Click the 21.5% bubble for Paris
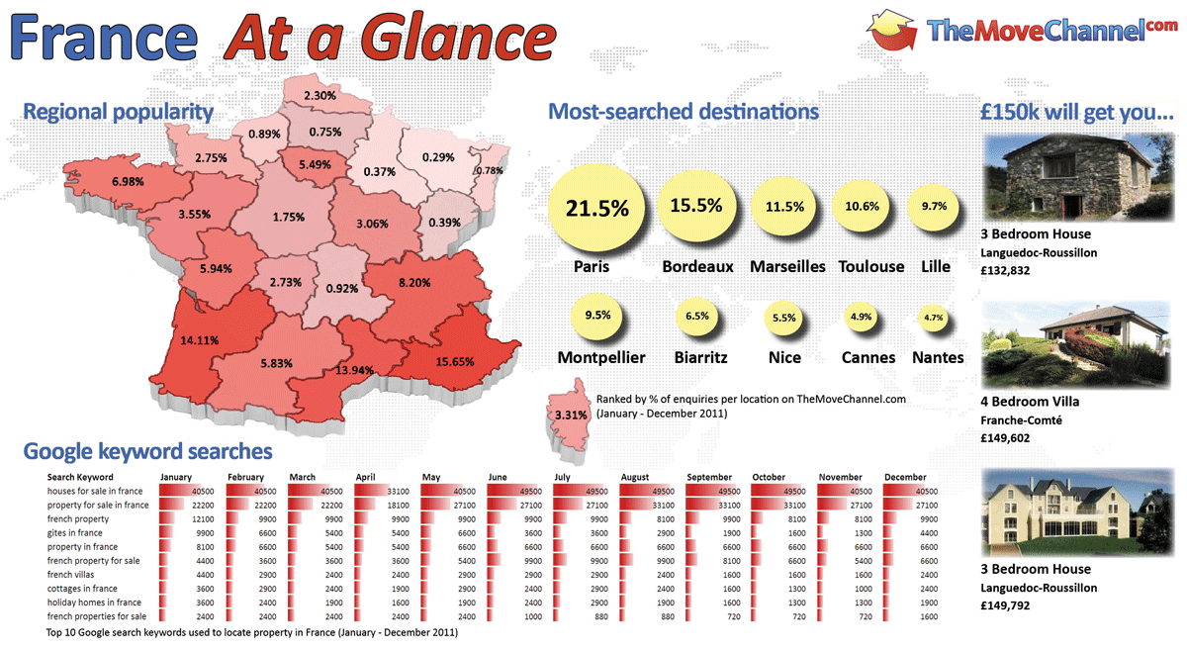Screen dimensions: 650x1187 tap(597, 209)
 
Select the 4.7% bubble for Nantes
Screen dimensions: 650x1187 tap(933, 318)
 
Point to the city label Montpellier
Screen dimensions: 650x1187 tap(601, 357)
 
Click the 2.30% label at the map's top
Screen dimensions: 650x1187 tap(320, 96)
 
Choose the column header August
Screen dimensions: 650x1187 tap(635, 478)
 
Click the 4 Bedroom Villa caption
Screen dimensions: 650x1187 tap(1030, 402)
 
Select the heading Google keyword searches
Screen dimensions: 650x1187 tap(147, 452)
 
